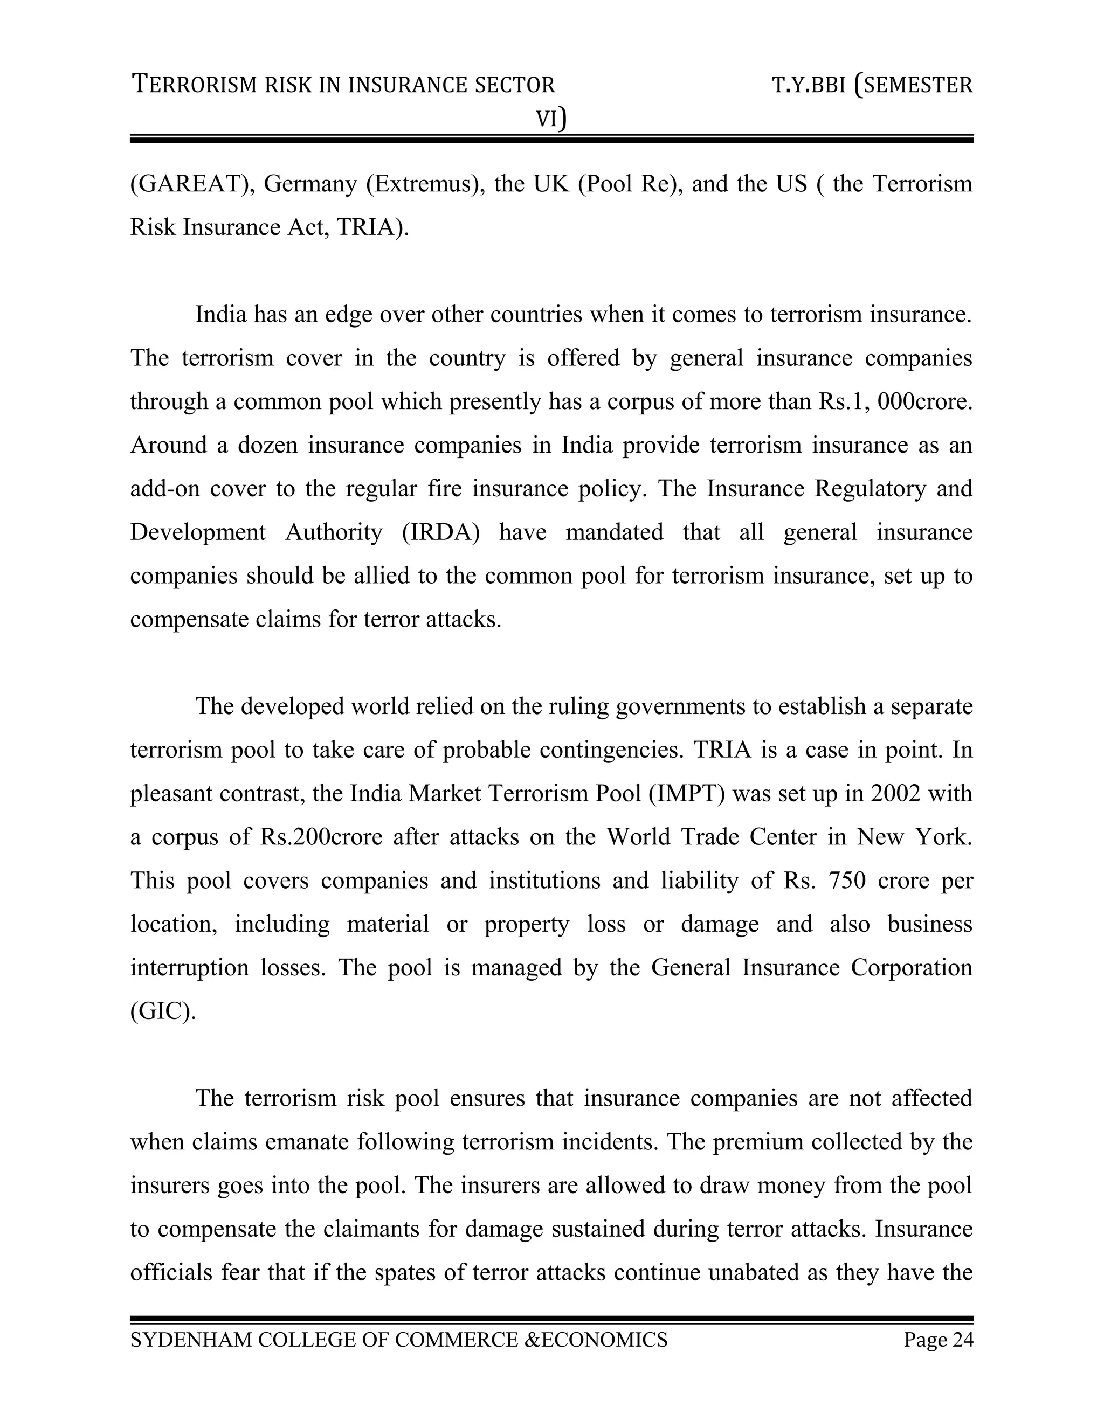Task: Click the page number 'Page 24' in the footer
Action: (x=939, y=1340)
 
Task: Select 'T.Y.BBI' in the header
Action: (x=809, y=86)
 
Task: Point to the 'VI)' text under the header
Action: (x=551, y=119)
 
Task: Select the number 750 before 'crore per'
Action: (x=846, y=881)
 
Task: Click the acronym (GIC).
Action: (x=163, y=1011)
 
